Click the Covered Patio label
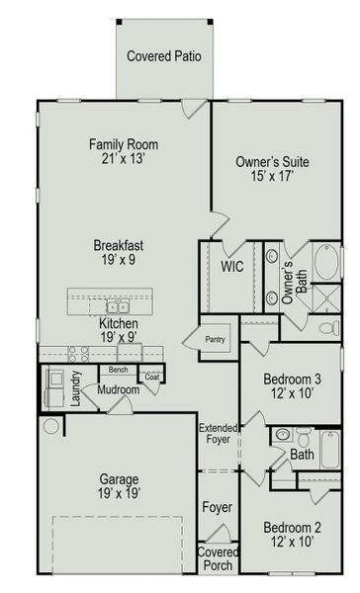(163, 56)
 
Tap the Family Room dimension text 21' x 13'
(123, 159)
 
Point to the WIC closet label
(232, 267)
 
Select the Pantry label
(216, 339)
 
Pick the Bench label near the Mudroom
(119, 370)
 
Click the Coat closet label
(151, 377)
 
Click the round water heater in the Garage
(51, 426)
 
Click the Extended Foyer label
(218, 435)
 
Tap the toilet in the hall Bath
(283, 435)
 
